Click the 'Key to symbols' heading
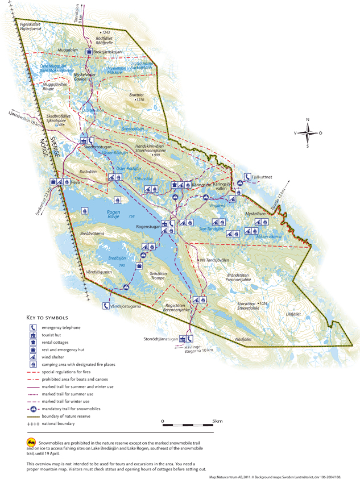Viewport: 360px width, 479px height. (x=47, y=317)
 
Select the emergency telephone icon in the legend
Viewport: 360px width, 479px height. (x=33, y=327)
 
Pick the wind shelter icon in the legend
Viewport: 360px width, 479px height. (x=33, y=357)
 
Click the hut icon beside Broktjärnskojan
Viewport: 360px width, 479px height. (x=89, y=52)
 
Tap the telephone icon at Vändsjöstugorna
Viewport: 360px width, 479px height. (x=106, y=306)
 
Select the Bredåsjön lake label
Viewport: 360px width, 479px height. (x=117, y=259)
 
